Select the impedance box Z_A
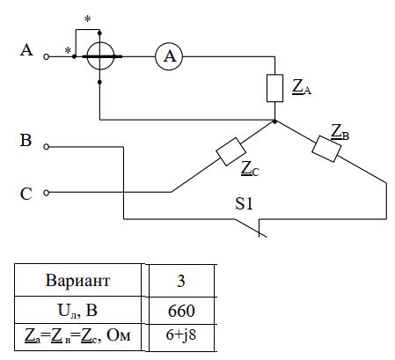point(274,88)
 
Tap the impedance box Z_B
point(326,149)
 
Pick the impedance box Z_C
point(230,151)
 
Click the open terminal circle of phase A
point(46,56)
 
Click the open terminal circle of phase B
point(46,147)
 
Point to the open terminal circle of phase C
point(46,193)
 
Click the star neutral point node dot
point(274,121)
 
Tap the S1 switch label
point(244,203)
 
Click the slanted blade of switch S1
point(251,228)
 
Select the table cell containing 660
point(182,310)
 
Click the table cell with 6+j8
point(182,337)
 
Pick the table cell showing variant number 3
point(182,280)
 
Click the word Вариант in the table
point(77,281)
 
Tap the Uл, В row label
point(77,311)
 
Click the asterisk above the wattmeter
point(87,19)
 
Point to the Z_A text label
point(302,87)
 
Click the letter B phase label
point(26,140)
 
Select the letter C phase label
point(26,194)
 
